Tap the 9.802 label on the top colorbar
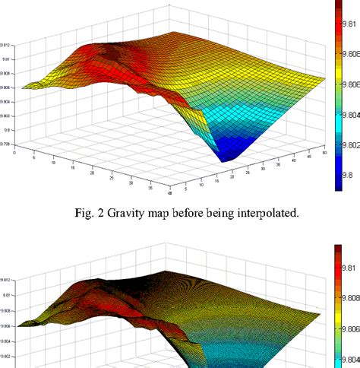(349, 144)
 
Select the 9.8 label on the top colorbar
(346, 174)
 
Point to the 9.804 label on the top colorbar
(349, 115)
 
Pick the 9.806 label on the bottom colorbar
(349, 328)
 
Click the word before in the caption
(201, 212)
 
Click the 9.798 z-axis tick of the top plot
(5, 143)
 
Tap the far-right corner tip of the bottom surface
(326, 312)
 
